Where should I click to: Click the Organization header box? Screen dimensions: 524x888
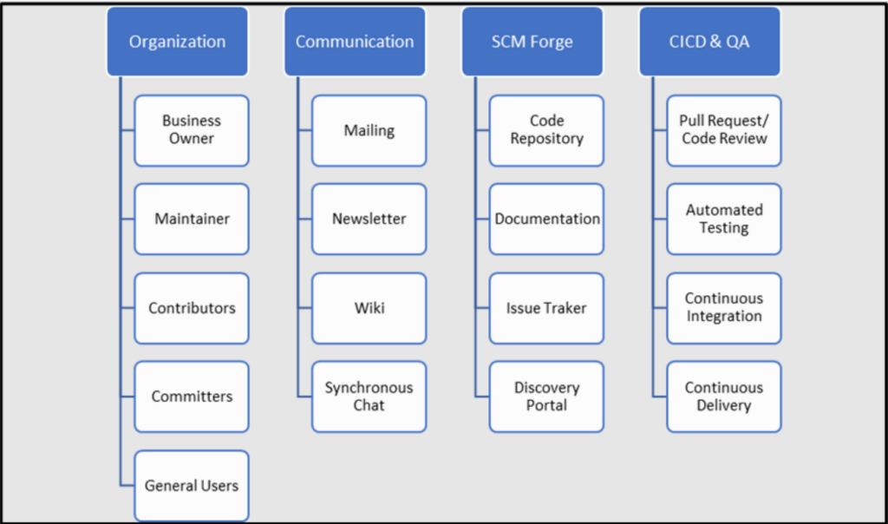177,42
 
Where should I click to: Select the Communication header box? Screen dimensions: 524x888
355,42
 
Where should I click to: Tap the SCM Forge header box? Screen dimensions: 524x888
532,42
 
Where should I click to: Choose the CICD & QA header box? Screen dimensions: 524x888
709,42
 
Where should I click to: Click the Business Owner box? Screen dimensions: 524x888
192,130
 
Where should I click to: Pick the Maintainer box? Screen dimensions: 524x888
192,219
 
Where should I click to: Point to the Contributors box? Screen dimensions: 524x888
192,308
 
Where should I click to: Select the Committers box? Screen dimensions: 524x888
192,396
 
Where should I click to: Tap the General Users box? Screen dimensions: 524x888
192,486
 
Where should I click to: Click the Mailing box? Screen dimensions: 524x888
369,130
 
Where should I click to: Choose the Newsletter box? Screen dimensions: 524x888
369,219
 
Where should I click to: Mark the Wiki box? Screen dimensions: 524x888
369,308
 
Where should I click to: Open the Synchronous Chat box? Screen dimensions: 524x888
369,396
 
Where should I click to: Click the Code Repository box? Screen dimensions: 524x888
546,130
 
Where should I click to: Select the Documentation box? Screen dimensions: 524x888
546,219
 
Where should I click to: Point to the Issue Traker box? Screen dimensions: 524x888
546,308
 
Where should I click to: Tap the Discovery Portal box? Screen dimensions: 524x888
546,396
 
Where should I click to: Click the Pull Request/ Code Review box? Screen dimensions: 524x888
724,130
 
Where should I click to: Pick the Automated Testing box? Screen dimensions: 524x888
724,219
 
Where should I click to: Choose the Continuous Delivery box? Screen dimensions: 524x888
724,396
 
